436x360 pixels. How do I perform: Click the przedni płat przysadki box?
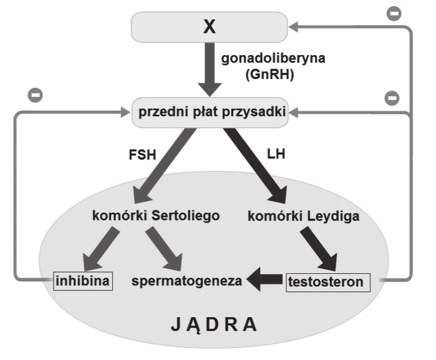coord(209,113)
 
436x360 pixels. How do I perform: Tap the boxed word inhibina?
coord(83,280)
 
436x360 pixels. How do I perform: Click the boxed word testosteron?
coord(327,281)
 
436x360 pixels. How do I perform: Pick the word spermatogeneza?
coord(187,281)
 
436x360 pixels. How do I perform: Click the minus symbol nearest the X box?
coord(394,14)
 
